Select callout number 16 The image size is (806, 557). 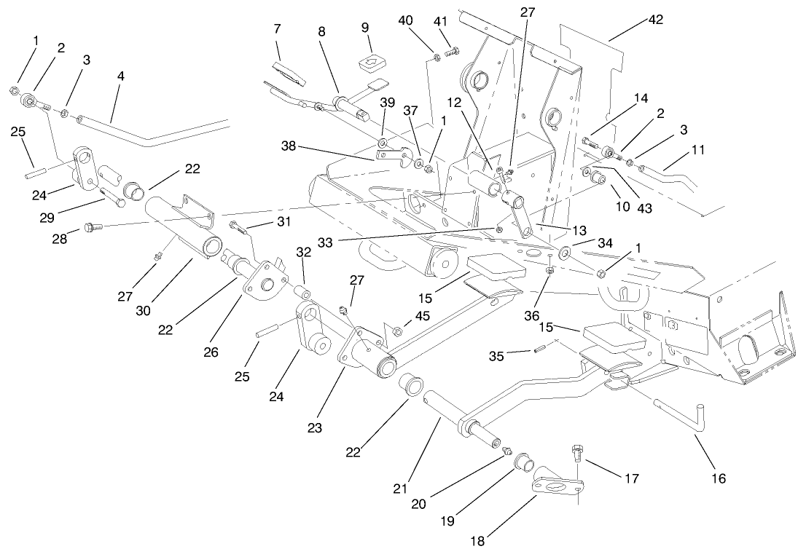719,478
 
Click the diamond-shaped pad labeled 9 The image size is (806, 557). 372,63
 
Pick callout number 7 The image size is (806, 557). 278,28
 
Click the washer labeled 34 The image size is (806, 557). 565,253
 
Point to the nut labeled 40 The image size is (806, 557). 435,57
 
